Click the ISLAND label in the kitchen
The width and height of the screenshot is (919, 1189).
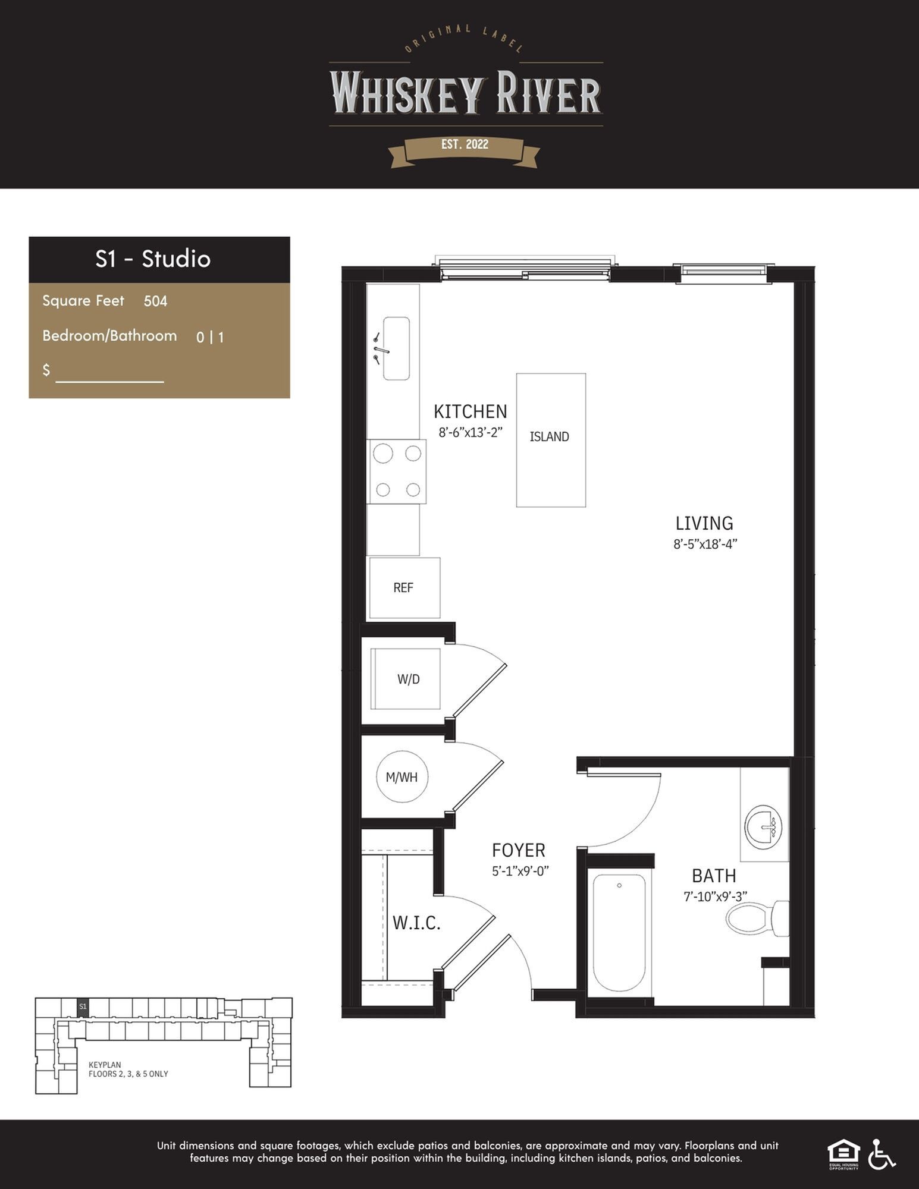(x=549, y=436)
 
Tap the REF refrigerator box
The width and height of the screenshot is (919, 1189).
(x=404, y=587)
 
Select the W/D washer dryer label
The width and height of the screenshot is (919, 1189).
(x=409, y=679)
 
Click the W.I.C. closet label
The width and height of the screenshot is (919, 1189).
(x=416, y=923)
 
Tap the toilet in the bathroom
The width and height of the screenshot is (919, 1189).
(x=757, y=917)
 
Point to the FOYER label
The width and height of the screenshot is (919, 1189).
(x=519, y=850)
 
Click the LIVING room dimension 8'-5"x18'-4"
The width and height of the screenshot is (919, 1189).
(x=705, y=544)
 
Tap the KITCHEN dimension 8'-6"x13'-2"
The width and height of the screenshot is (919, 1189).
(x=471, y=432)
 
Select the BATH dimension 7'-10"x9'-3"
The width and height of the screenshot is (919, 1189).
(x=715, y=897)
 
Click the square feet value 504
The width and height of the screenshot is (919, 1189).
(x=155, y=301)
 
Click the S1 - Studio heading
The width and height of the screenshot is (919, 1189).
(x=153, y=259)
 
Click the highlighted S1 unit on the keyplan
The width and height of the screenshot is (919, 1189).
(x=83, y=1006)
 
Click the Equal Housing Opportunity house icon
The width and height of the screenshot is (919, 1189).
(x=843, y=1154)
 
